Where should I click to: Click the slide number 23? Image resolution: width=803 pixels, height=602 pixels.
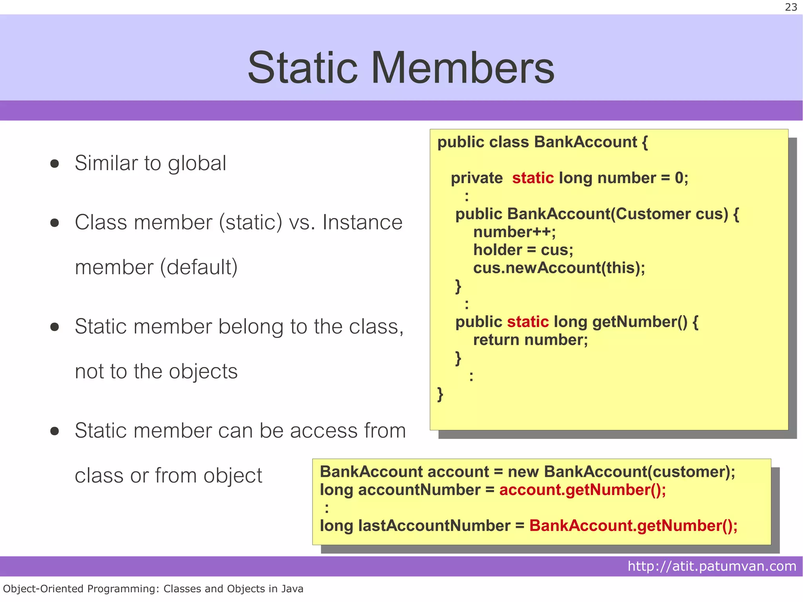coord(791,7)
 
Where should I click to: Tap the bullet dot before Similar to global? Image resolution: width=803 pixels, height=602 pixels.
coord(55,164)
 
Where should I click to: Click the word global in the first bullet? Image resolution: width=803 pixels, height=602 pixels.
coord(197,164)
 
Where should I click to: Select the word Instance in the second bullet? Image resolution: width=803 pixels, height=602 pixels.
coord(362,222)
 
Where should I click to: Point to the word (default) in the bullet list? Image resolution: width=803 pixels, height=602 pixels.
coord(199,267)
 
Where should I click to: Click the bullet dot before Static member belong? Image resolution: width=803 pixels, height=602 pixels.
coord(55,327)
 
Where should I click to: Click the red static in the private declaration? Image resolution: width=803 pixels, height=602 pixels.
coord(532,178)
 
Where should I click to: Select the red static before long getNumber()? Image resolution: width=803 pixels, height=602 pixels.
coord(528,322)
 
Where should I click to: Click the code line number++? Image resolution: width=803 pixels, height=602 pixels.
coord(514,232)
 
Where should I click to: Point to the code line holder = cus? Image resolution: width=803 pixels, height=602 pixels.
coord(523,250)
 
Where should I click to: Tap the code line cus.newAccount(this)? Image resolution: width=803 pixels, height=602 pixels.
coord(559,268)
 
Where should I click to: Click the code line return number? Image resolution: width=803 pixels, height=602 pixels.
coord(530,340)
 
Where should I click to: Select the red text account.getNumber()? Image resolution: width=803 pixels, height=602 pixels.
coord(582,490)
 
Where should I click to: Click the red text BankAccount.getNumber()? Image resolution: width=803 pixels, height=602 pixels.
coord(633,526)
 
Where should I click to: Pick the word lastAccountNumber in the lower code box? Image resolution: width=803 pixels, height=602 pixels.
coord(434,526)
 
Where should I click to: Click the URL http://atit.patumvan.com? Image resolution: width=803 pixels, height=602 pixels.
coord(712,566)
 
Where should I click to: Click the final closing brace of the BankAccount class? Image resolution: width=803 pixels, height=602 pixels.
coord(440,394)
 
